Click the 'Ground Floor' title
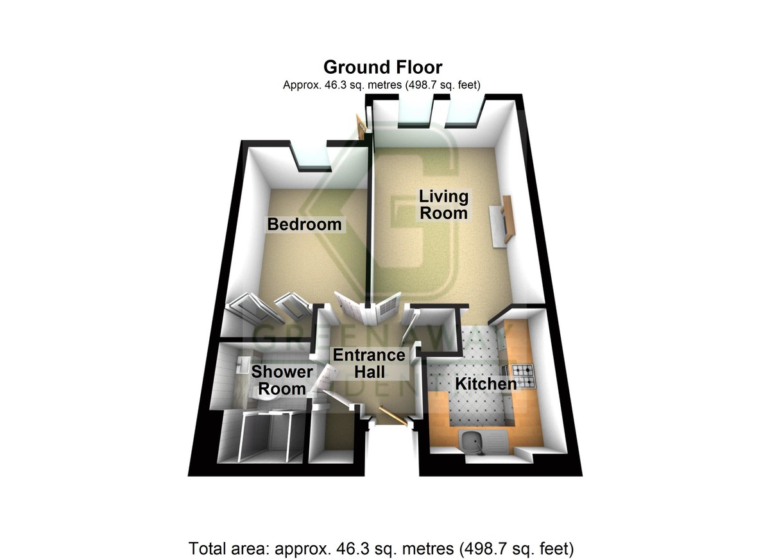coord(382,67)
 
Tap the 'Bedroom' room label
coord(304,225)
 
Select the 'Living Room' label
coord(443,204)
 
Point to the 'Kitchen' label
coord(486,384)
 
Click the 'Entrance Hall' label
coord(368,363)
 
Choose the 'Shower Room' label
coord(282,380)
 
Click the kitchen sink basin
coord(474,441)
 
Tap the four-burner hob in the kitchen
coord(522,376)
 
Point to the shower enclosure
coord(261,437)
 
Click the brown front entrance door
coord(392,416)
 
